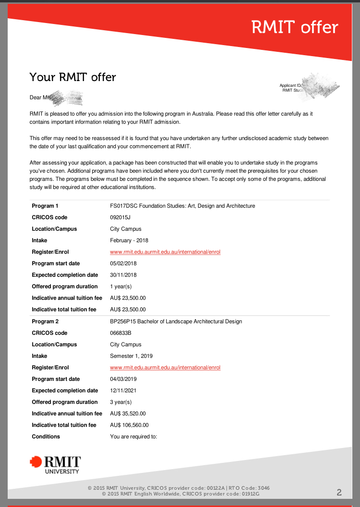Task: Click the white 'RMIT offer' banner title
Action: pyautogui.click(x=295, y=27)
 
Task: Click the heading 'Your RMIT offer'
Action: pyautogui.click(x=72, y=77)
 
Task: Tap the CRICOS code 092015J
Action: pyautogui.click(x=120, y=217)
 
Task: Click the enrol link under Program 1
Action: pyautogui.click(x=165, y=252)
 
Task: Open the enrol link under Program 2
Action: pyautogui.click(x=165, y=367)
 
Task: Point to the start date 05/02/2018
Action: pyautogui.click(x=123, y=263)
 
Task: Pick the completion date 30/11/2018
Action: pyautogui.click(x=123, y=275)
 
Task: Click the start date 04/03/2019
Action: pyautogui.click(x=123, y=379)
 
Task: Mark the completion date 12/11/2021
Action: pyautogui.click(x=123, y=390)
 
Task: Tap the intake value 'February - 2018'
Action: pyautogui.click(x=129, y=240)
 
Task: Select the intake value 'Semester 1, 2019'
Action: pyautogui.click(x=131, y=356)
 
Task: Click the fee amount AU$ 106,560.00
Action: pyautogui.click(x=129, y=425)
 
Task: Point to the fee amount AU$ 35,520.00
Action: pyautogui.click(x=128, y=413)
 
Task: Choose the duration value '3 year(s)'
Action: pyautogui.click(x=120, y=402)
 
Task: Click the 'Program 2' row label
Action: pyautogui.click(x=45, y=321)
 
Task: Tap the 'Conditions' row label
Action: pyautogui.click(x=46, y=436)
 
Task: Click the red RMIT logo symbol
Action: pyautogui.click(x=36, y=462)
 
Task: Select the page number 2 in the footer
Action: pyautogui.click(x=339, y=492)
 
